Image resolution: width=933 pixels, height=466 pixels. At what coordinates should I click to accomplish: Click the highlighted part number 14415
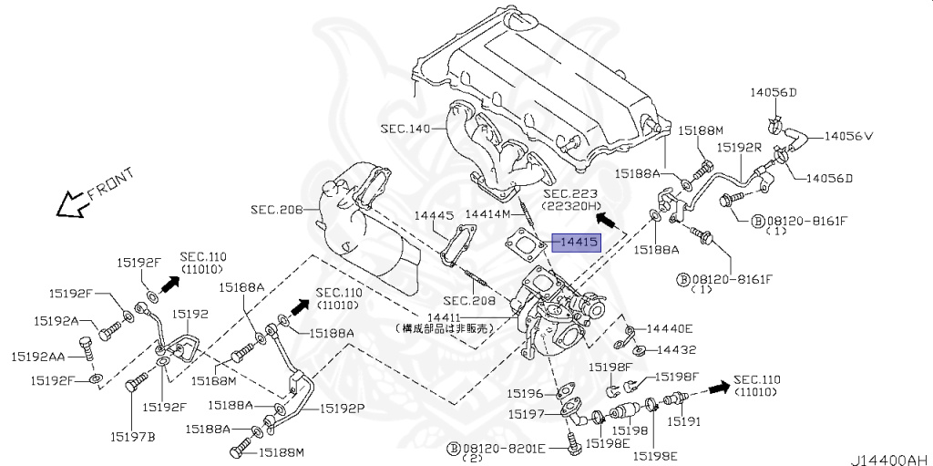pos(578,243)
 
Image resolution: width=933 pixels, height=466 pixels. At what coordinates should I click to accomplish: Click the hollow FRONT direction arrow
pos(69,207)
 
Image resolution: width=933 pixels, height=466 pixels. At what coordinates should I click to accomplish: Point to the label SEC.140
pos(405,129)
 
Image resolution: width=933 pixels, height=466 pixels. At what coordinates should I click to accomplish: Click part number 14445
pos(435,215)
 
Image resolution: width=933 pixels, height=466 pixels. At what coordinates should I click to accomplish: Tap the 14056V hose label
pos(848,136)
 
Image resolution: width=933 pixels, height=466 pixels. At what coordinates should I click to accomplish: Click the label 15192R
pos(738,146)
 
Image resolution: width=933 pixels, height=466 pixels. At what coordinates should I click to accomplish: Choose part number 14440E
pos(670,328)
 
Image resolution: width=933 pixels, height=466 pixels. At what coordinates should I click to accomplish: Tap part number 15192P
pos(342,409)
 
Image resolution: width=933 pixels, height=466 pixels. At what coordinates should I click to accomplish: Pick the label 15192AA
pos(38,357)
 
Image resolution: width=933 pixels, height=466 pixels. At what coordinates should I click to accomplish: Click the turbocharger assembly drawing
pos(555,310)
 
